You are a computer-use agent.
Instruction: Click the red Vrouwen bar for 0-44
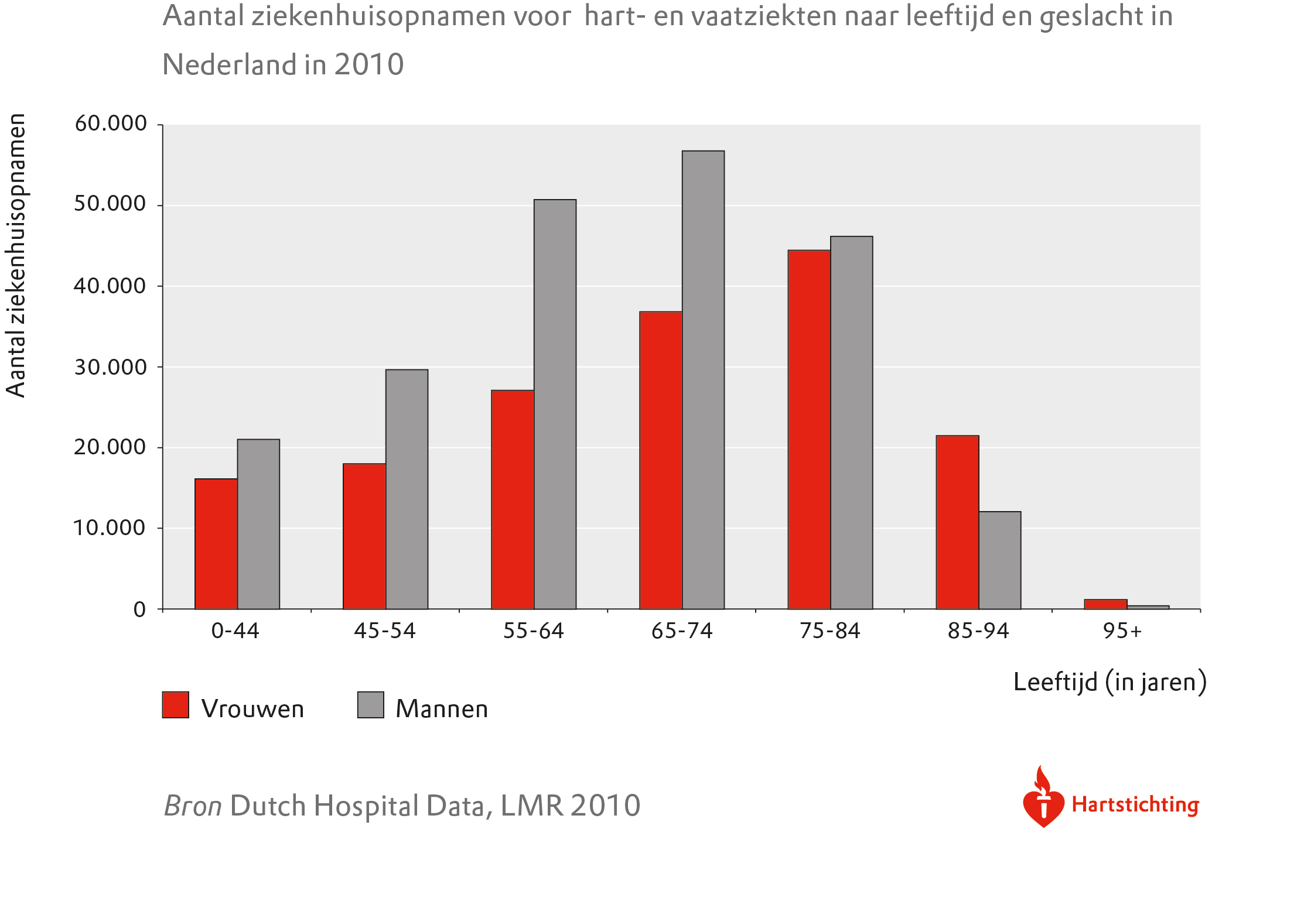pyautogui.click(x=216, y=544)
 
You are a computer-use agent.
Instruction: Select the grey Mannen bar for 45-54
pyautogui.click(x=407, y=489)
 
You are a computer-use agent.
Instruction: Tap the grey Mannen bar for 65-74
pyautogui.click(x=703, y=380)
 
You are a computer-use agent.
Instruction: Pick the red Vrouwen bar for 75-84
pyautogui.click(x=809, y=430)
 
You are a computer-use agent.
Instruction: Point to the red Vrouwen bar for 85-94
pyautogui.click(x=957, y=522)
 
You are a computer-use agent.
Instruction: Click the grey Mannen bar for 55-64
pyautogui.click(x=555, y=404)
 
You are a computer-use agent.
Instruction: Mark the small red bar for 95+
pyautogui.click(x=1105, y=604)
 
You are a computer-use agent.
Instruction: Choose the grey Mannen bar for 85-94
pyautogui.click(x=1000, y=560)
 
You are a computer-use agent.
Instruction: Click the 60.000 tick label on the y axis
pyautogui.click(x=111, y=124)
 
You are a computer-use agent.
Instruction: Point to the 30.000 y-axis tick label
pyautogui.click(x=111, y=367)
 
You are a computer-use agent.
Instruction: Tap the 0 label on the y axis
pyautogui.click(x=139, y=609)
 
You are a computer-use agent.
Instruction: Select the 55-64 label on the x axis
pyautogui.click(x=533, y=631)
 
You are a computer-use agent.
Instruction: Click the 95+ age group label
pyautogui.click(x=1122, y=631)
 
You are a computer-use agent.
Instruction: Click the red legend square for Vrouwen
pyautogui.click(x=176, y=705)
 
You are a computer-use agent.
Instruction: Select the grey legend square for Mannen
pyautogui.click(x=370, y=705)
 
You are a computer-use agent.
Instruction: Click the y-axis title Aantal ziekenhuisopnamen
pyautogui.click(x=16, y=255)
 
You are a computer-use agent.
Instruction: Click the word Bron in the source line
pyautogui.click(x=193, y=806)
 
